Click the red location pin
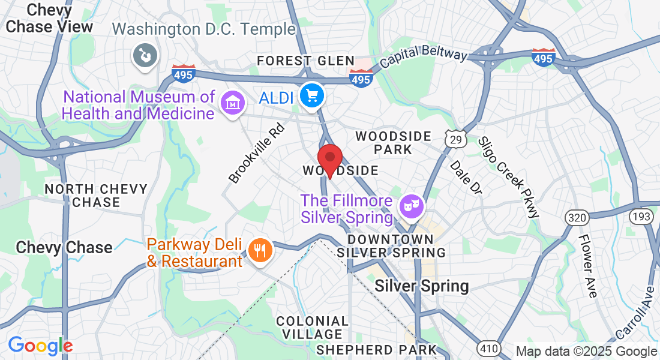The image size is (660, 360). pyautogui.click(x=329, y=159)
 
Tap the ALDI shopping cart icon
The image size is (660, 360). pyautogui.click(x=311, y=95)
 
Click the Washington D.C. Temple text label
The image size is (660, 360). pyautogui.click(x=204, y=29)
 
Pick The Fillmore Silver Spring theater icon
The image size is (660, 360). pyautogui.click(x=412, y=207)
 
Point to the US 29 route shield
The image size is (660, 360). pyautogui.click(x=454, y=139)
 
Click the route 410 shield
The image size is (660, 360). pyautogui.click(x=488, y=347)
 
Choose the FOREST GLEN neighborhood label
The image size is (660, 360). pyautogui.click(x=306, y=61)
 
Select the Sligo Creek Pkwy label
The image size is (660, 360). pyautogui.click(x=508, y=176)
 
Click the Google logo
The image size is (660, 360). pyautogui.click(x=40, y=346)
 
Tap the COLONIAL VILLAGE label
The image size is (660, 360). pyautogui.click(x=312, y=328)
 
